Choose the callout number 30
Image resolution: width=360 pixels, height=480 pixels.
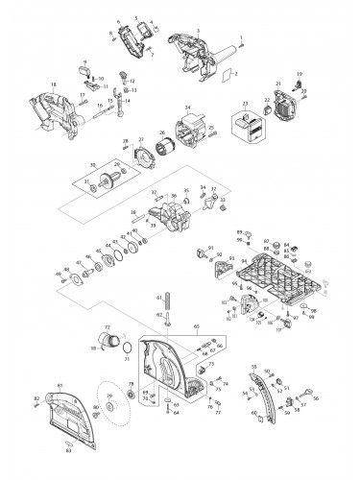pyautogui.click(x=92, y=164)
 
